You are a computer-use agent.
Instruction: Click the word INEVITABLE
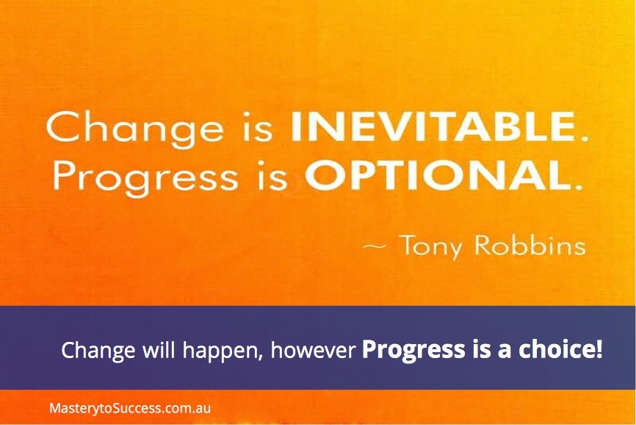click(x=433, y=127)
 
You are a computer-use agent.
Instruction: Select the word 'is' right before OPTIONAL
click(x=273, y=177)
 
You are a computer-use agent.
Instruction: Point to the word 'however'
click(x=313, y=349)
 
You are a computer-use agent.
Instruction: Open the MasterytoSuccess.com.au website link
click(x=130, y=408)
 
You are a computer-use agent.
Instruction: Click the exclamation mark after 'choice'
click(x=599, y=350)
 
